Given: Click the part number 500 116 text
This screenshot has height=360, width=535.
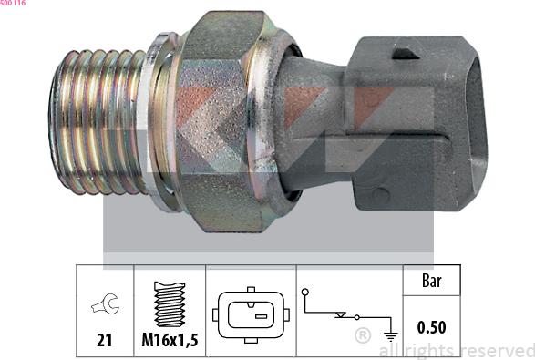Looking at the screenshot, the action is coord(13,3).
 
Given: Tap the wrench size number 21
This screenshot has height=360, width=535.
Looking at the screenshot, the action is coord(105,340).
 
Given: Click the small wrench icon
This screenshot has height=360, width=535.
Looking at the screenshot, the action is coord(106,303).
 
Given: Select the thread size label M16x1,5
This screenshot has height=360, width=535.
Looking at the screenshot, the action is coord(170,340).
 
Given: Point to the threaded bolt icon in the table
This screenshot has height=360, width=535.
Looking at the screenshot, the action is coord(170,303).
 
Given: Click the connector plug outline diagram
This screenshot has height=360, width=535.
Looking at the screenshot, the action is coord(252,314).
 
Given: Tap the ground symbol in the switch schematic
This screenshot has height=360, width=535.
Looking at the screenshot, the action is coord(391,336).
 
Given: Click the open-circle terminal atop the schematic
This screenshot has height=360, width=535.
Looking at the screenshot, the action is coord(305,292).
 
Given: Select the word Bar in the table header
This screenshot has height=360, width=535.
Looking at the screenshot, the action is coord(432,281).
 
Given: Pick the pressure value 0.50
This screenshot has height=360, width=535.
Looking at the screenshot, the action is coord(432,327).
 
